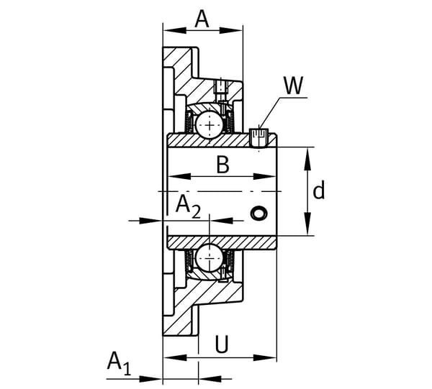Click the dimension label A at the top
coord(202,18)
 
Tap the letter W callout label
coord(292,86)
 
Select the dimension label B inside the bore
coord(222,165)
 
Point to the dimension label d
coord(319,190)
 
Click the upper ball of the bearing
coord(210,124)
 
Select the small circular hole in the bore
coord(258,213)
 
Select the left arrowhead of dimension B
coord(173,176)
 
